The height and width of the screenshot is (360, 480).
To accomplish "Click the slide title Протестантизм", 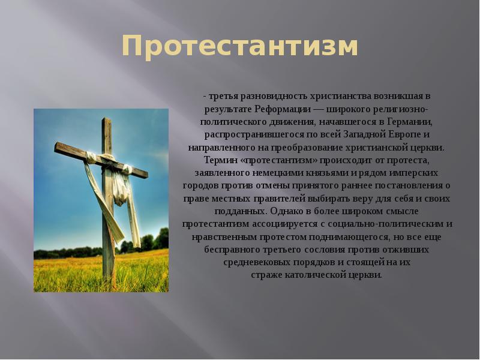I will coord(240,47).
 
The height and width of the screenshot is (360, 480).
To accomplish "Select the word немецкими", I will coord(263,173).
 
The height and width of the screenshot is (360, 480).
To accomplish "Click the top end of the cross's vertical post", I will coord(106,121).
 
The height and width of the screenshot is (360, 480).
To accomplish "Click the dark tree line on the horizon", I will coord(144,243).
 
